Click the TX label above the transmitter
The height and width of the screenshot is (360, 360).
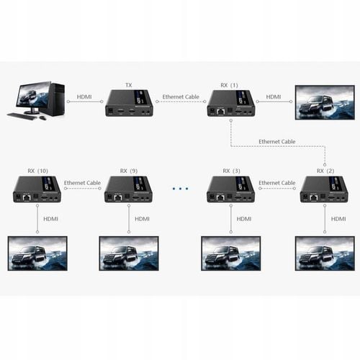129,85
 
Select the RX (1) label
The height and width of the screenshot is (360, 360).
230,85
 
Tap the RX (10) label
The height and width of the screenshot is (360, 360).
38,171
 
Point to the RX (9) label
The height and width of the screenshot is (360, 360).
129,171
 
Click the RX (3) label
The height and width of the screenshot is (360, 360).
232,171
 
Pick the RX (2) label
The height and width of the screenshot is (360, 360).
325,171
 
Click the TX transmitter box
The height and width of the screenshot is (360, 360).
129,103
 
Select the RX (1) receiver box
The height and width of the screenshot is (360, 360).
231,103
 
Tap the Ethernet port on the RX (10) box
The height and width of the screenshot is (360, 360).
27,198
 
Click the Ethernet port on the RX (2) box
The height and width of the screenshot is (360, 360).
314,198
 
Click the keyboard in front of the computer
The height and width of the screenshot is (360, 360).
22,116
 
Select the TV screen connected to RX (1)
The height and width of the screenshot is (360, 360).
325,102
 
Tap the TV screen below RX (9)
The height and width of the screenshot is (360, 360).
129,253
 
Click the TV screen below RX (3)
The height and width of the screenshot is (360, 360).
231,253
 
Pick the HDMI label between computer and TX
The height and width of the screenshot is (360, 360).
84,96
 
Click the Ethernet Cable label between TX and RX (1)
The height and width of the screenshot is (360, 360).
181,96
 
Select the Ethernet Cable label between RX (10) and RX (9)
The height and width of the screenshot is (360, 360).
82,183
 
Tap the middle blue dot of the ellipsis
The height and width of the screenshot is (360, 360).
180,189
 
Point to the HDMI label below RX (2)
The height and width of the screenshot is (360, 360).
338,219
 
